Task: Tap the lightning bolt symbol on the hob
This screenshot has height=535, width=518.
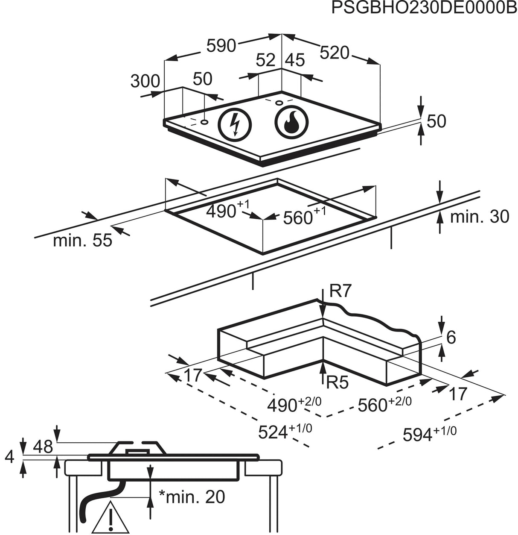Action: tap(235, 125)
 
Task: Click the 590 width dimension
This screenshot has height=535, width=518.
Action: tap(221, 45)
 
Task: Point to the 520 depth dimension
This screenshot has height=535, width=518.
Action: tap(335, 53)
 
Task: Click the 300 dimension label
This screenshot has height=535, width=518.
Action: tap(145, 81)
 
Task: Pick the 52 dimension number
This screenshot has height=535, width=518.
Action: tap(265, 60)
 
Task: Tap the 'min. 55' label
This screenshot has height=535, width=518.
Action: tap(83, 240)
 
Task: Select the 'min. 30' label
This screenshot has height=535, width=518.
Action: tap(480, 216)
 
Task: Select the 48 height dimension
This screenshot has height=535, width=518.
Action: tap(43, 447)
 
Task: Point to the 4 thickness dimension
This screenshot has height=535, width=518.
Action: tap(9, 457)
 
